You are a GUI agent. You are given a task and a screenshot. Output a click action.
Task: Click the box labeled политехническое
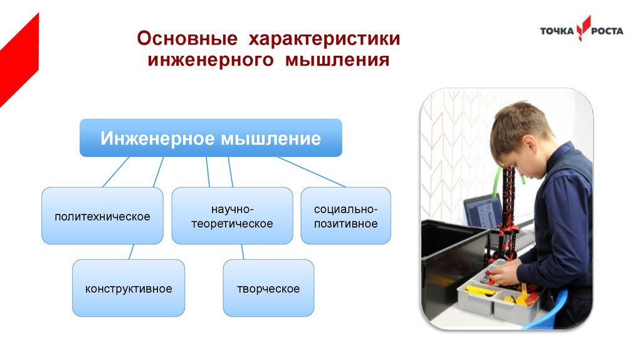coord(102,216)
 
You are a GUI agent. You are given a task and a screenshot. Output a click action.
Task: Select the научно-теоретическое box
coord(232,216)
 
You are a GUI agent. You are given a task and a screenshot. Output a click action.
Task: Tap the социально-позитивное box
coord(346,216)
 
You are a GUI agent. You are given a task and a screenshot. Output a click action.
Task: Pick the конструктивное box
coord(129,288)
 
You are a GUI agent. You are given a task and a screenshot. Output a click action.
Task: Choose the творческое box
coord(268,288)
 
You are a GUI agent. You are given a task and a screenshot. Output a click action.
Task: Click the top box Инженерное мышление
coord(211,137)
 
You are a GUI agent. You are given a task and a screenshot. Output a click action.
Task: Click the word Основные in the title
coord(187,38)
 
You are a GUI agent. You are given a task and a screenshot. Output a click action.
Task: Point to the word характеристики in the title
coord(324,39)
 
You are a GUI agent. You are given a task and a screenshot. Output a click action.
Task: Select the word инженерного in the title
coord(211,60)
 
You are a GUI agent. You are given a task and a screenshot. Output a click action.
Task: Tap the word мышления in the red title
coord(337,60)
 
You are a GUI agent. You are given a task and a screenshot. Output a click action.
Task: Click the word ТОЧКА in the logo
coord(557,31)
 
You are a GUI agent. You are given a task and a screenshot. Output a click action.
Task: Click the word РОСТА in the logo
coord(607,31)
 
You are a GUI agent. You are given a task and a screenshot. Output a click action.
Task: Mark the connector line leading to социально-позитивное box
coord(312,172)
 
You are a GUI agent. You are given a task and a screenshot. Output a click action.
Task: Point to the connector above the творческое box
coord(243,252)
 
